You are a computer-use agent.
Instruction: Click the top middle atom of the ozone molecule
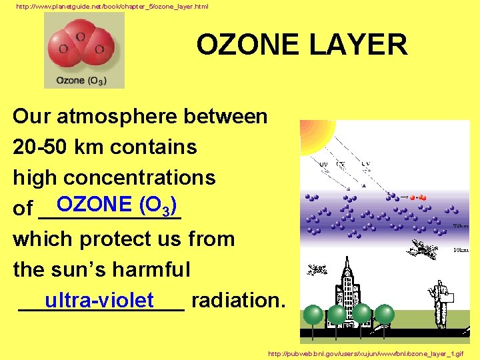pos(81,37)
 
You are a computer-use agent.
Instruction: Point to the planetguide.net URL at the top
pos(112,6)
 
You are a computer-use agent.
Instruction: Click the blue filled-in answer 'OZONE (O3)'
pos(116,204)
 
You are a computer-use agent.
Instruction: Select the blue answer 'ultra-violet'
pos(99,300)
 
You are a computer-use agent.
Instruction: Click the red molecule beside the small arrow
pos(418,197)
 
